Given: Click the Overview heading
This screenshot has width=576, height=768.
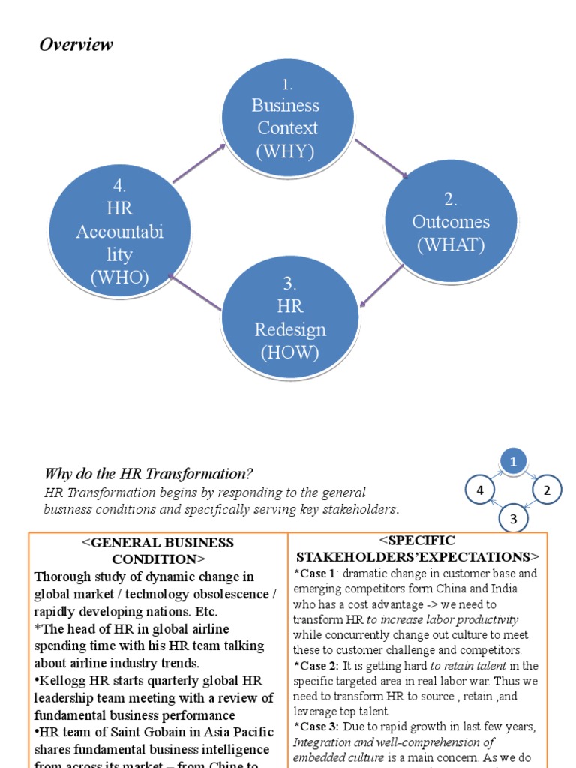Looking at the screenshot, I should tap(76, 44).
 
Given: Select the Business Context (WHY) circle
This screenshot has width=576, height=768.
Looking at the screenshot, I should tap(287, 118).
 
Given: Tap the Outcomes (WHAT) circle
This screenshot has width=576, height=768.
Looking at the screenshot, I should tap(451, 222).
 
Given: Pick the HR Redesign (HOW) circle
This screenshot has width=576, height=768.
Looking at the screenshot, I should tap(290, 318).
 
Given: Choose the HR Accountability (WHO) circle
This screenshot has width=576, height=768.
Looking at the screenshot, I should tap(120, 232).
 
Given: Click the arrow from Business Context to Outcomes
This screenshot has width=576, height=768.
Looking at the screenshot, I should tap(381, 160).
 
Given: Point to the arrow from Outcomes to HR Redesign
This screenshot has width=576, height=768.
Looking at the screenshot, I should tap(382, 286).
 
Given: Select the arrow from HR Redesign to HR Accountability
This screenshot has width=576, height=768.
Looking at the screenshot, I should tap(195, 292).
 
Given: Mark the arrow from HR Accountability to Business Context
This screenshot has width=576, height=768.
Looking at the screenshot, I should tap(199, 163).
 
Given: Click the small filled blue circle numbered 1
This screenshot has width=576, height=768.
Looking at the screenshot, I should tap(514, 462).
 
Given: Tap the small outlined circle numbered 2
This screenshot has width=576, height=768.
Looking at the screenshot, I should tap(547, 490).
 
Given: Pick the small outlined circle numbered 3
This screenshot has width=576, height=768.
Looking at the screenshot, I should tap(514, 518).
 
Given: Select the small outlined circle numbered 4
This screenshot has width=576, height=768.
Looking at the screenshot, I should tap(480, 490).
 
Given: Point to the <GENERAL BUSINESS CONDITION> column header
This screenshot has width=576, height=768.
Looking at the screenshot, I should tap(157, 550).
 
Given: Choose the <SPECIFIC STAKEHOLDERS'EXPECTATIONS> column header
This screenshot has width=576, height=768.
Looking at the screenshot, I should tap(417, 548).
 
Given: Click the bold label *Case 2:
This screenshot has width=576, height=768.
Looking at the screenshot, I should tap(313, 666).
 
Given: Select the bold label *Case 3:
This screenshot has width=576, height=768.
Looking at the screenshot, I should tap(313, 727).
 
